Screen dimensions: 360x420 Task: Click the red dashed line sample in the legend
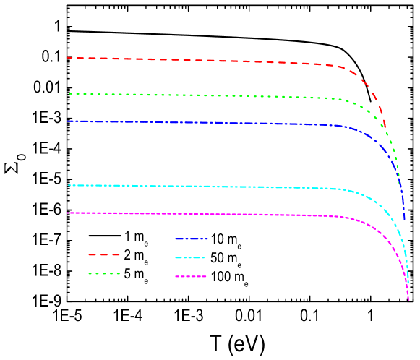pyautogui.click(x=103, y=254)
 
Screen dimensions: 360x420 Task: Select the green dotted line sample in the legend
pyautogui.click(x=103, y=274)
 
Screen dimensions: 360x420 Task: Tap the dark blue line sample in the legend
pyautogui.click(x=191, y=239)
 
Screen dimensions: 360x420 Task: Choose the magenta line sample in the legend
pyautogui.click(x=191, y=276)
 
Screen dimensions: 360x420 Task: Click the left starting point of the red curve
pyautogui.click(x=68, y=58)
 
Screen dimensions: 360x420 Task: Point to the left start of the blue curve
pyautogui.click(x=69, y=121)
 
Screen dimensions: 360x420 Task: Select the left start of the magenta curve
pyautogui.click(x=69, y=213)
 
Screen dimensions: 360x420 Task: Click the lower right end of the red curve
pyautogui.click(x=385, y=127)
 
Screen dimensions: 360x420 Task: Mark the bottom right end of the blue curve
pyautogui.click(x=405, y=220)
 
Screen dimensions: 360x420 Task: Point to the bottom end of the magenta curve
pyautogui.click(x=408, y=299)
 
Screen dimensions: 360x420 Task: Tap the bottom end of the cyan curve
pyautogui.click(x=408, y=283)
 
